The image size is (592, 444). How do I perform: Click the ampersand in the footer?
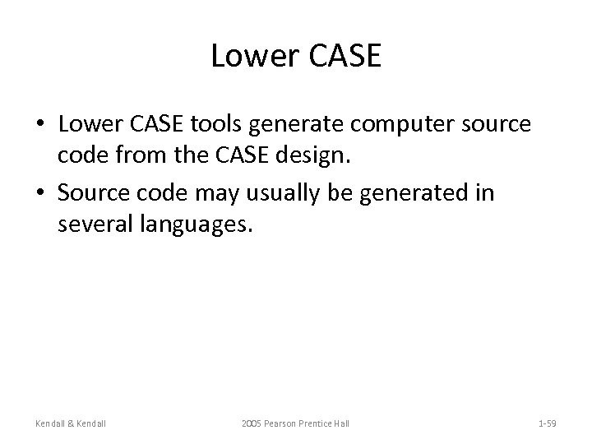coord(72,423)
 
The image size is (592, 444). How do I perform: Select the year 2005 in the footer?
coord(252,423)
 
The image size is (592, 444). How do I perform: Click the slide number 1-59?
coord(547,423)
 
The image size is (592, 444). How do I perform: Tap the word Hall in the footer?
coord(343,423)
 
